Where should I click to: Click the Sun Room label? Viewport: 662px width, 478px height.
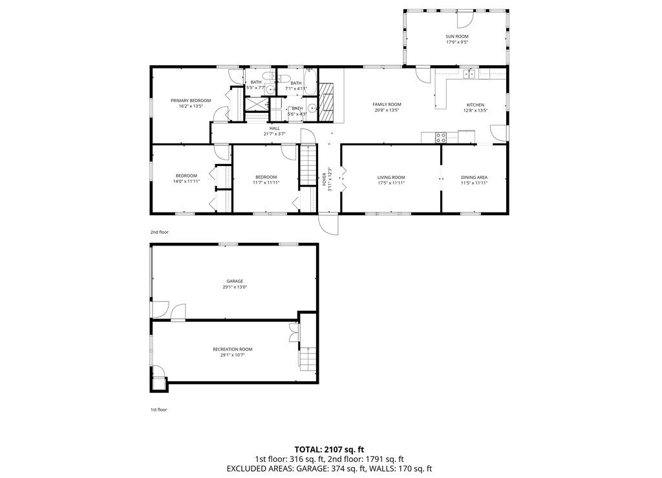click(456, 37)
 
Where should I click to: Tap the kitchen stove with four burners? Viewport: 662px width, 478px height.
click(441, 137)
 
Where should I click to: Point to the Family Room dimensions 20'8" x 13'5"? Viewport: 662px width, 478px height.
click(387, 110)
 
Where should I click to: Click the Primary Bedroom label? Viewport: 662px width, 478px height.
click(191, 101)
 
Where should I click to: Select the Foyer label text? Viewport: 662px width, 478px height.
click(325, 179)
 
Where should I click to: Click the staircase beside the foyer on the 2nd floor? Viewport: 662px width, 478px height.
click(308, 165)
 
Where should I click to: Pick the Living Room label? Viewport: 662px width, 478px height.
click(391, 177)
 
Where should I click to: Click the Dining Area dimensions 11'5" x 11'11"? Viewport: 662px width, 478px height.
click(474, 183)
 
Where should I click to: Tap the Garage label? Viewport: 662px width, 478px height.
click(234, 281)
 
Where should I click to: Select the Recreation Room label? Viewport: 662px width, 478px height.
click(232, 349)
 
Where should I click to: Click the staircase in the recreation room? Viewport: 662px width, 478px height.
click(308, 358)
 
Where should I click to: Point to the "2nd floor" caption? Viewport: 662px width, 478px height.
click(159, 231)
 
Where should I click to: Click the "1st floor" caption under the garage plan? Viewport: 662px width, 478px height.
click(158, 409)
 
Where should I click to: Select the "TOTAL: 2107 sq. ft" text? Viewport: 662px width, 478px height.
click(330, 449)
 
